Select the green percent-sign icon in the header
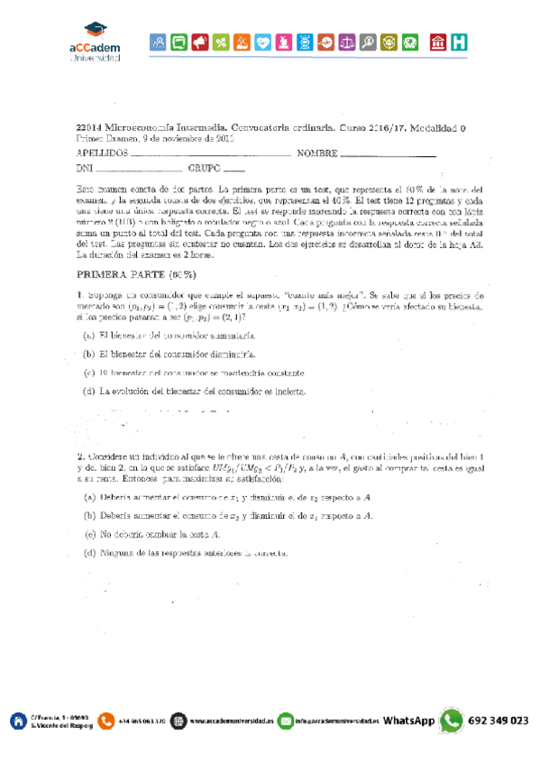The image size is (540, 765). click(x=221, y=41)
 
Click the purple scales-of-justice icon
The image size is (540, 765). click(x=349, y=41)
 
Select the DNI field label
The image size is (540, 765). click(x=85, y=169)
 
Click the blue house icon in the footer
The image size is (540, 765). click(x=17, y=721)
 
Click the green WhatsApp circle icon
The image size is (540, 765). click(x=451, y=721)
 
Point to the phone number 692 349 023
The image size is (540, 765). click(x=499, y=721)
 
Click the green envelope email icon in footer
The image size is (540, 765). click(x=286, y=721)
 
